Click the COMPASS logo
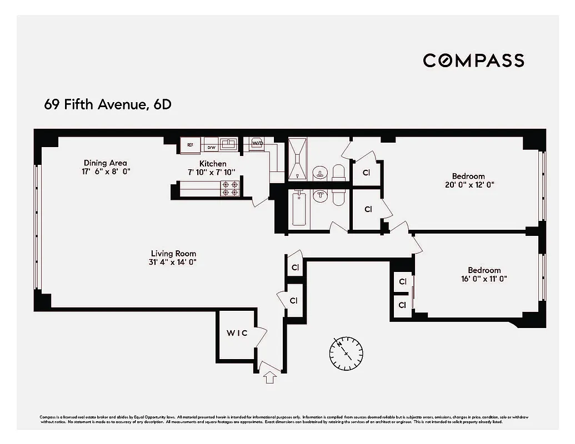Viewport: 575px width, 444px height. click(x=473, y=60)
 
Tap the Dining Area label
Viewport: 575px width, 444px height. click(x=106, y=163)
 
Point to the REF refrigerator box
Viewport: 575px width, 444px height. click(x=190, y=145)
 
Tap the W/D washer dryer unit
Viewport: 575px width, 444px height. click(x=257, y=143)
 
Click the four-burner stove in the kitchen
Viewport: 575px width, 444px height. click(x=230, y=189)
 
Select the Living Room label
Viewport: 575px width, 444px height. click(x=173, y=254)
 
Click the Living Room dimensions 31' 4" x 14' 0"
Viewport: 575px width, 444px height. click(x=173, y=262)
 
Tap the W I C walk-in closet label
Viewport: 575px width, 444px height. click(x=236, y=333)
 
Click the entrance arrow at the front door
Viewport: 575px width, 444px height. click(x=270, y=377)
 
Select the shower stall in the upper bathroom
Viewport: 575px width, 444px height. click(x=298, y=158)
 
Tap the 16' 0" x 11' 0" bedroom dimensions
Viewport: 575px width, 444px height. click(x=483, y=279)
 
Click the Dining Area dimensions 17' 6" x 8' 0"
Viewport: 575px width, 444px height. click(x=106, y=171)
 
